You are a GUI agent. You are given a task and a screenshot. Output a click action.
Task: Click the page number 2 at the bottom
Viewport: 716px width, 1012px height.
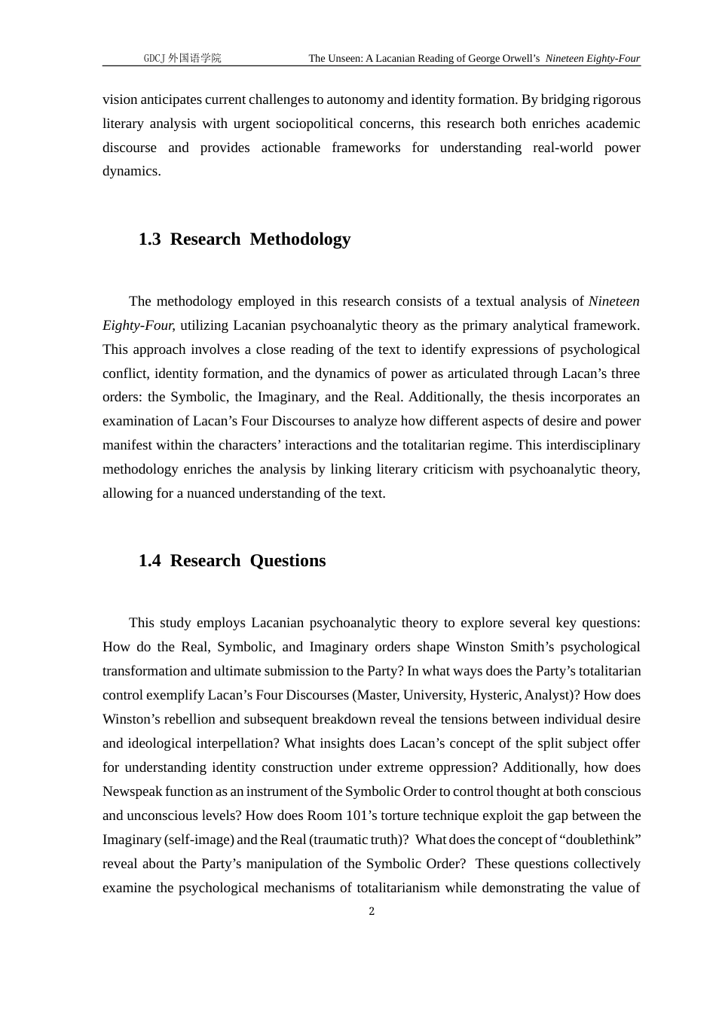372,912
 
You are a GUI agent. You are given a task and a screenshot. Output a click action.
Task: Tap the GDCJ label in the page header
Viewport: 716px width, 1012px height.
154,58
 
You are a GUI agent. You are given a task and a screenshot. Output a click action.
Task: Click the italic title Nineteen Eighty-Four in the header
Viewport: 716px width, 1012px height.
592,58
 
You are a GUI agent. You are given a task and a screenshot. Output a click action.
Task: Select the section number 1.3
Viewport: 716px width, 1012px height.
149,239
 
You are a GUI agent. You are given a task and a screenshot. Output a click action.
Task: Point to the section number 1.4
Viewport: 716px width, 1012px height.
149,561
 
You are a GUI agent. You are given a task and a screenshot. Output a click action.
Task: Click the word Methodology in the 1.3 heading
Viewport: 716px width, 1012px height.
300,239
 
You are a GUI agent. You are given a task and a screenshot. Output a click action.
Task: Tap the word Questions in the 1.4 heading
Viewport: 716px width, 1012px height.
288,561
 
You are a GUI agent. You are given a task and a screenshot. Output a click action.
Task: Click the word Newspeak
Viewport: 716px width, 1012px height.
132,791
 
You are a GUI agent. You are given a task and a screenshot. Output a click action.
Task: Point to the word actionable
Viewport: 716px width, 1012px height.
290,148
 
